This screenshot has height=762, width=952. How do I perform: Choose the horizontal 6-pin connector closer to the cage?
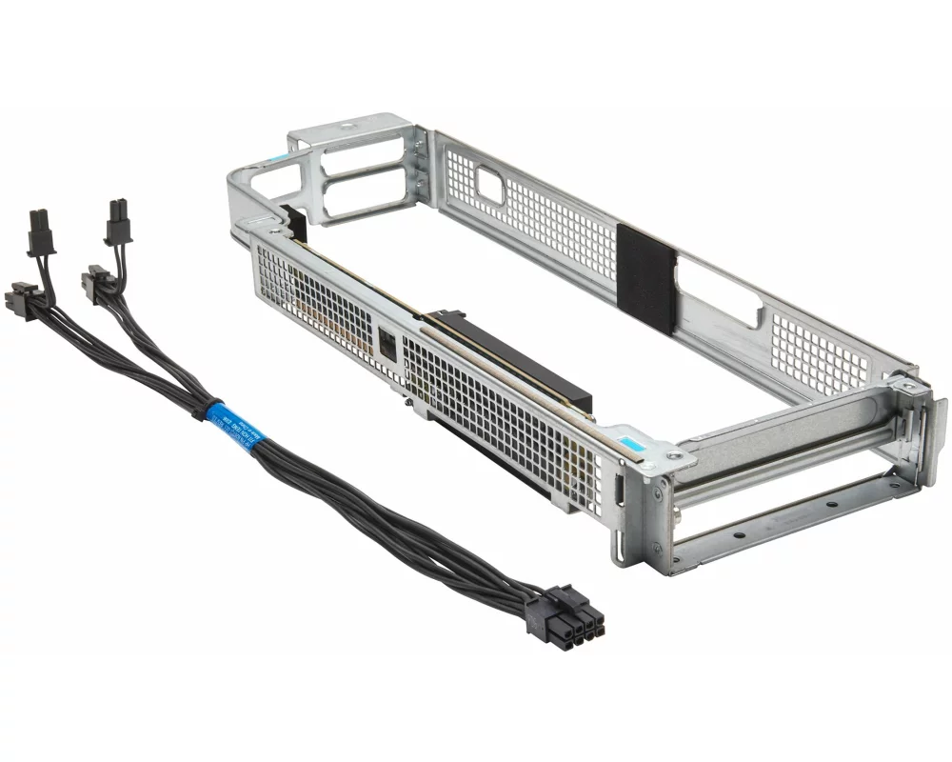pos(97,284)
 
